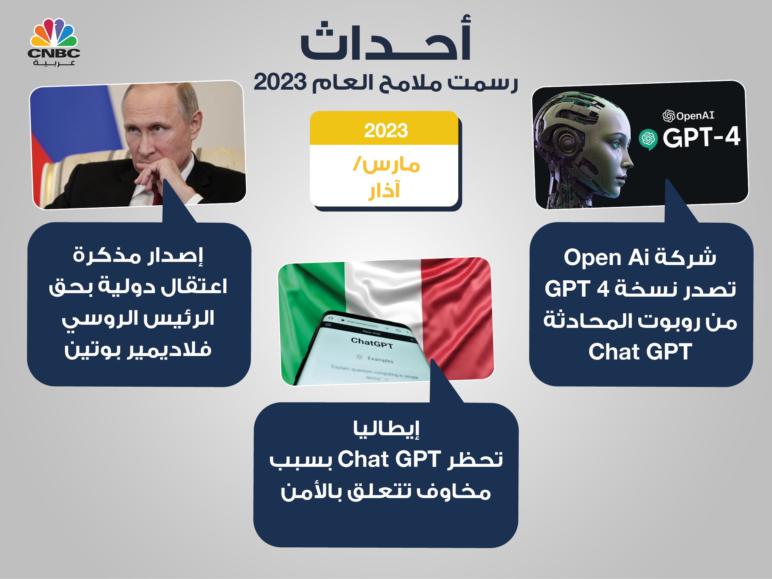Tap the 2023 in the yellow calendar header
(386, 131)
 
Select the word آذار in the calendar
(384, 190)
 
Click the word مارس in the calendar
(391, 165)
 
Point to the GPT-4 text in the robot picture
(701, 137)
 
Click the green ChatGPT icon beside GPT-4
(648, 139)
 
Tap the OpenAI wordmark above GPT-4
(688, 116)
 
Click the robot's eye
(615, 143)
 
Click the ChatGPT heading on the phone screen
(372, 343)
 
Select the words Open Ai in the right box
(606, 258)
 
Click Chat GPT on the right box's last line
(640, 351)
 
